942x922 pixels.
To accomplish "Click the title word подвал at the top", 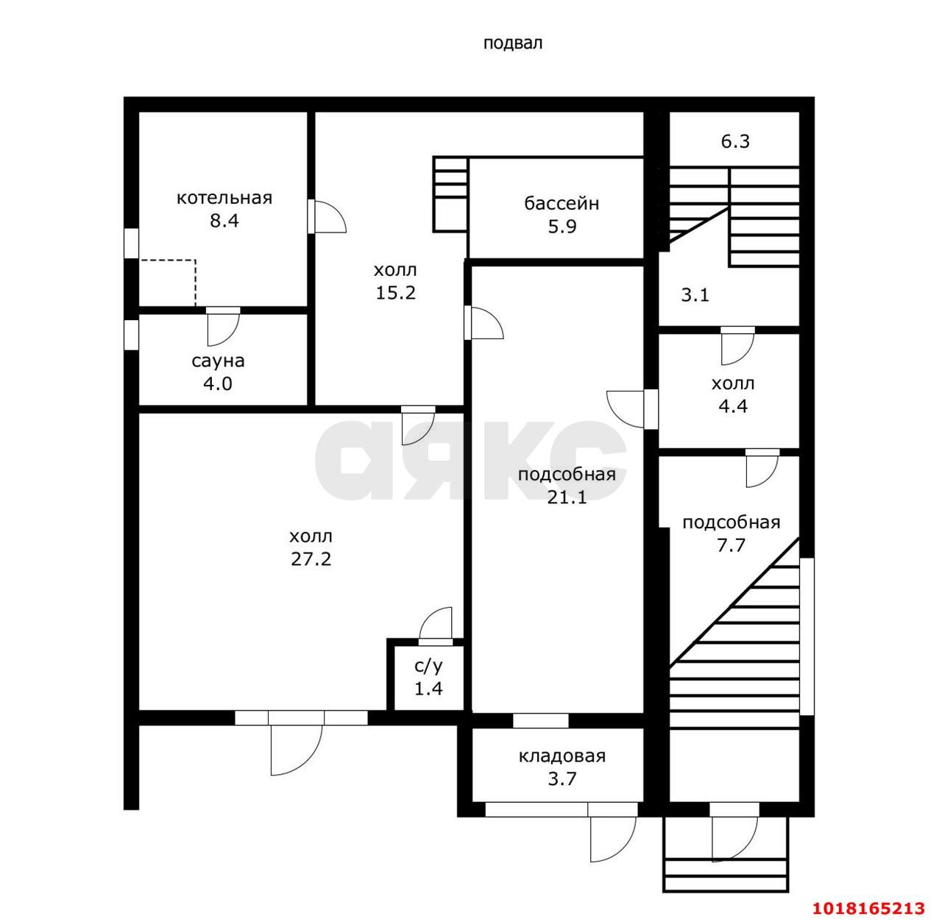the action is (x=513, y=43).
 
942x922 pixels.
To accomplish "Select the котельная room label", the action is (x=224, y=198).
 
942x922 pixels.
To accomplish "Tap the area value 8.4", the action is (x=224, y=221).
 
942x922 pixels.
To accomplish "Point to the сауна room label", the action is (x=218, y=361).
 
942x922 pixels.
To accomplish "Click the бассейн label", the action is (x=562, y=203).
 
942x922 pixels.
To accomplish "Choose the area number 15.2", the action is (x=395, y=293).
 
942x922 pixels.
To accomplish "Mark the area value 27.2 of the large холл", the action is (x=311, y=559).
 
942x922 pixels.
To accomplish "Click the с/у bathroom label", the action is (x=428, y=666).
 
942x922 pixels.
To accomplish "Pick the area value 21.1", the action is (x=567, y=497).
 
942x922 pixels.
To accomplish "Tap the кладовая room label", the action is (x=562, y=756).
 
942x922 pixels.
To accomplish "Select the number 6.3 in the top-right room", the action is (x=735, y=141).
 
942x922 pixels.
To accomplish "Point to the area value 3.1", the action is (x=695, y=295).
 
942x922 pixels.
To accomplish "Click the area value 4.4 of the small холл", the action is (x=733, y=407).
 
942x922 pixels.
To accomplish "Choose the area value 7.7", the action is (x=731, y=545).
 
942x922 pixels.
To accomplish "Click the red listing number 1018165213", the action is (x=868, y=908).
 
